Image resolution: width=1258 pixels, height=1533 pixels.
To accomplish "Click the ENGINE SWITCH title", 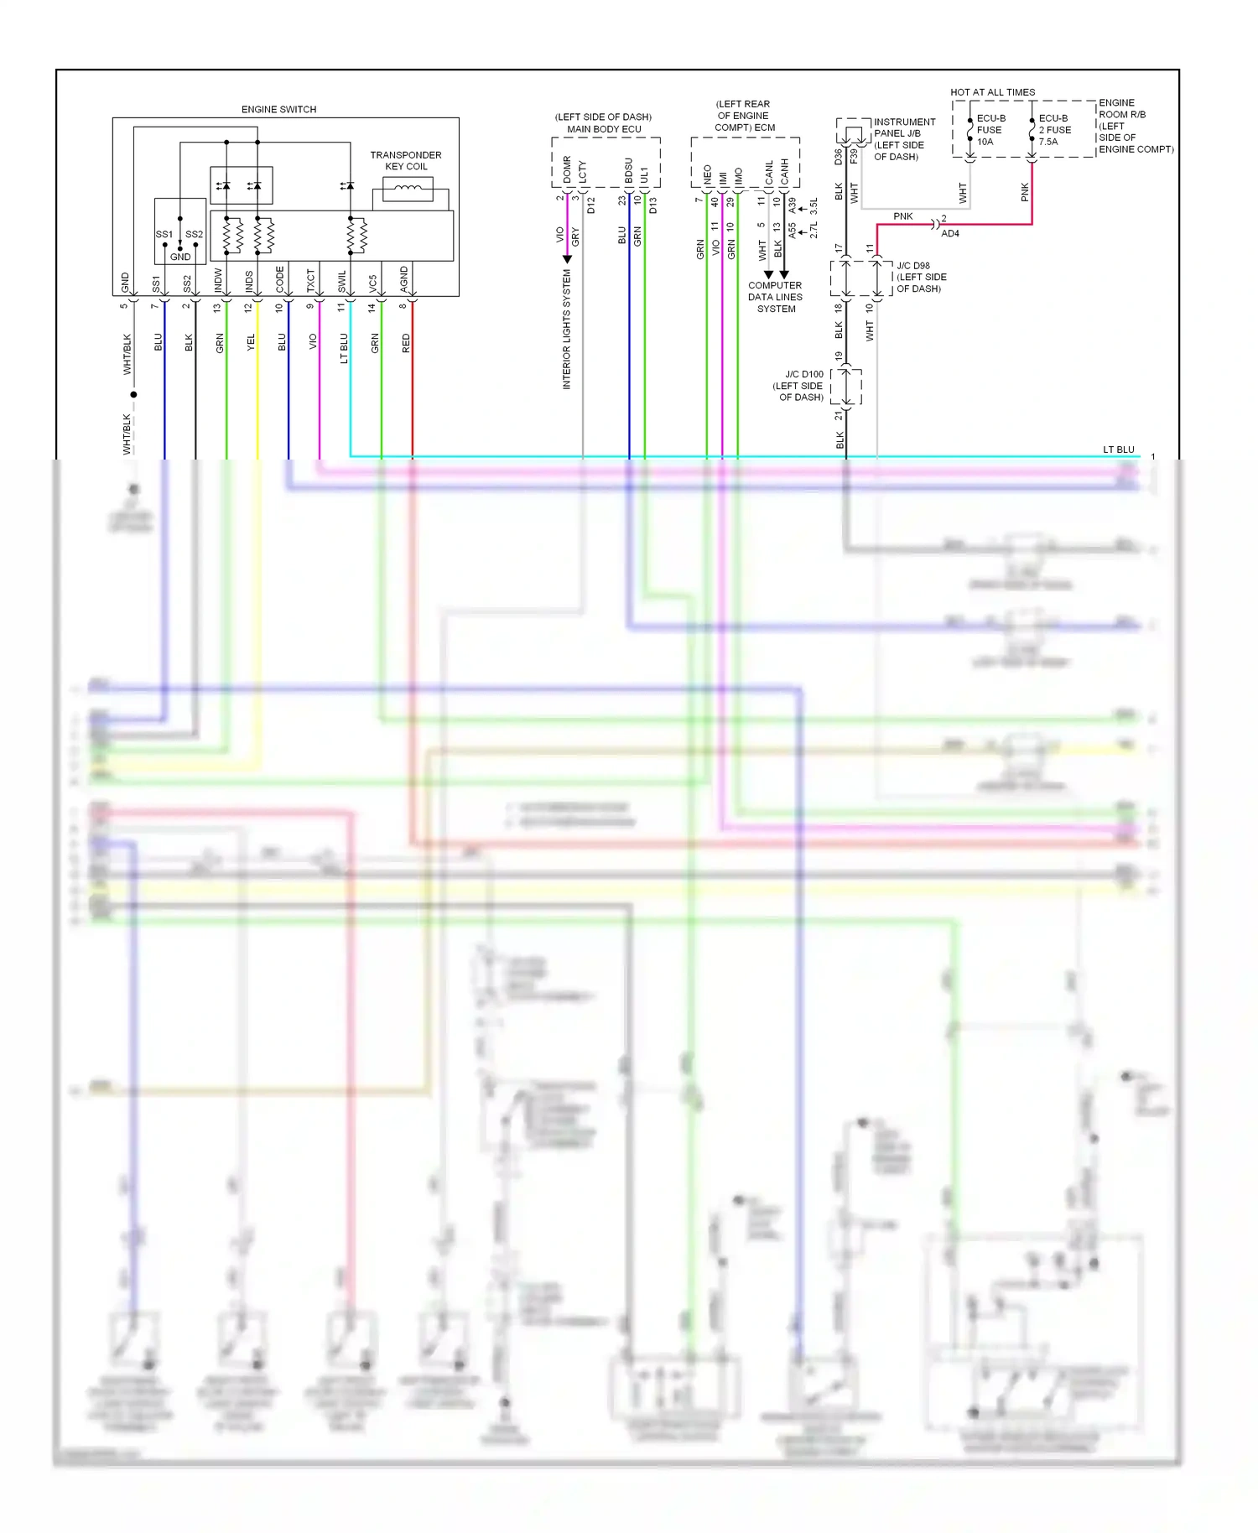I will [278, 109].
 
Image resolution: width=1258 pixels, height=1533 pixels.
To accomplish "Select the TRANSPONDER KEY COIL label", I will [406, 160].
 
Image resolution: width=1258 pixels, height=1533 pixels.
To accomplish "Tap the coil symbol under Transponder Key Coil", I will [408, 190].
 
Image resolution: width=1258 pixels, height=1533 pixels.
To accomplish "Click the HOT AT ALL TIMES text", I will [992, 92].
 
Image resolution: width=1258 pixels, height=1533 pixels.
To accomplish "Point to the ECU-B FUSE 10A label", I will [990, 130].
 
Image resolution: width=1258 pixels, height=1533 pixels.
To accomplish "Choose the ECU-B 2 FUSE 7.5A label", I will [1054, 130].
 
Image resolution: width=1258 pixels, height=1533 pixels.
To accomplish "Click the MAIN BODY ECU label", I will [604, 129].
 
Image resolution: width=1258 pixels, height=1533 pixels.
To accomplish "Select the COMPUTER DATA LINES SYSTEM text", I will [775, 297].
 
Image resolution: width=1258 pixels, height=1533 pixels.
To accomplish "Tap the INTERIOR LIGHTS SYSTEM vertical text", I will [566, 330].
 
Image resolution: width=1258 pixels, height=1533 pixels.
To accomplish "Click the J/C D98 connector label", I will [920, 277].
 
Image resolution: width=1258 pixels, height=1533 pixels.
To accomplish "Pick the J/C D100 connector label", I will [799, 386].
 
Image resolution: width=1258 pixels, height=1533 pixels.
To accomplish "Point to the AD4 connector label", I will [949, 234].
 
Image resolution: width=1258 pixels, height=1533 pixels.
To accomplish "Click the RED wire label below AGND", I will [406, 343].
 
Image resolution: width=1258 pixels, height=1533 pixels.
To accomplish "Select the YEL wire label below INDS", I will [251, 343].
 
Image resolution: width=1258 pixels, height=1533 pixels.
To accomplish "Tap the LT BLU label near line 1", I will [1118, 450].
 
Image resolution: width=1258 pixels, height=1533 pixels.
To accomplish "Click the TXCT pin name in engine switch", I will [311, 280].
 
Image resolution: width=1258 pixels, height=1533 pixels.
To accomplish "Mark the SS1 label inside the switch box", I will [164, 234].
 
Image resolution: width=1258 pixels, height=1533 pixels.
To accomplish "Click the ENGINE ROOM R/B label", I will [1134, 126].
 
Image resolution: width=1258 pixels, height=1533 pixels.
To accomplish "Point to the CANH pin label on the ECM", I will [784, 172].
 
